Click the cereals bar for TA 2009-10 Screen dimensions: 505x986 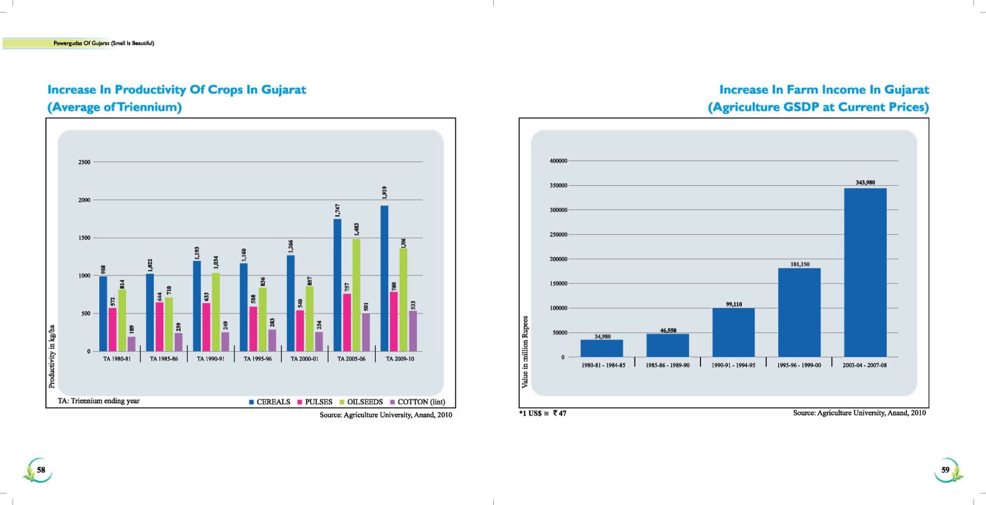point(384,278)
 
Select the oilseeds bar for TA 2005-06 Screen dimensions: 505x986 point(357,295)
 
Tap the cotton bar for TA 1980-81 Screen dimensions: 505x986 point(132,344)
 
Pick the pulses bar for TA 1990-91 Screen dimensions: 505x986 point(206,327)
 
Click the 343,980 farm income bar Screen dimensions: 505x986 point(865,272)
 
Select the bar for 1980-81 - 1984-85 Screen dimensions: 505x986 point(602,348)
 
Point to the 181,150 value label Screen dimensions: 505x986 point(800,264)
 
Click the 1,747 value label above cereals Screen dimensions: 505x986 point(337,210)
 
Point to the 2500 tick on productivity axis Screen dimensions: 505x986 point(84,162)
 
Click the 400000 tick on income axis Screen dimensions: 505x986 point(558,161)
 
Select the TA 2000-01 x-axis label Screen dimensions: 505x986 point(304,359)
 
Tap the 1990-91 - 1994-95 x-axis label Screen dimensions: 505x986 point(733,365)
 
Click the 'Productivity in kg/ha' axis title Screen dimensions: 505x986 point(51,356)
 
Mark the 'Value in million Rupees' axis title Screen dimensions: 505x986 point(525,352)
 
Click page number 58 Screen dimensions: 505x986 point(41,470)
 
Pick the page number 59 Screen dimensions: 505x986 point(945,470)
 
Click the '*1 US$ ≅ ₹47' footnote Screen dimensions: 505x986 point(543,413)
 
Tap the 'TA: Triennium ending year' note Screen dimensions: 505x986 point(98,401)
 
